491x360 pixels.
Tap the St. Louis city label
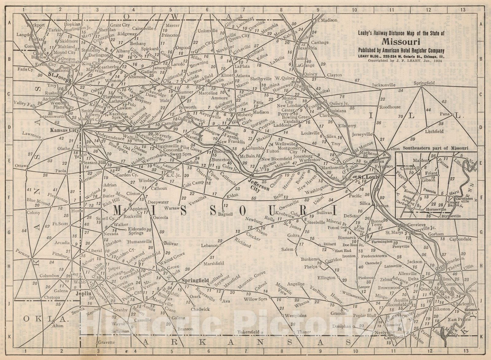click(365, 177)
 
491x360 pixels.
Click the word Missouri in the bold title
click(401, 42)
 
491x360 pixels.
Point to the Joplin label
click(84, 293)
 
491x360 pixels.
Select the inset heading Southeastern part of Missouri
click(435, 148)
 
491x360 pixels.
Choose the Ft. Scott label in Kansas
click(60, 224)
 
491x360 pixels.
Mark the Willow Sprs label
click(256, 299)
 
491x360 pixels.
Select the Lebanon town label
click(210, 246)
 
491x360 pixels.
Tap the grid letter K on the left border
click(9, 337)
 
